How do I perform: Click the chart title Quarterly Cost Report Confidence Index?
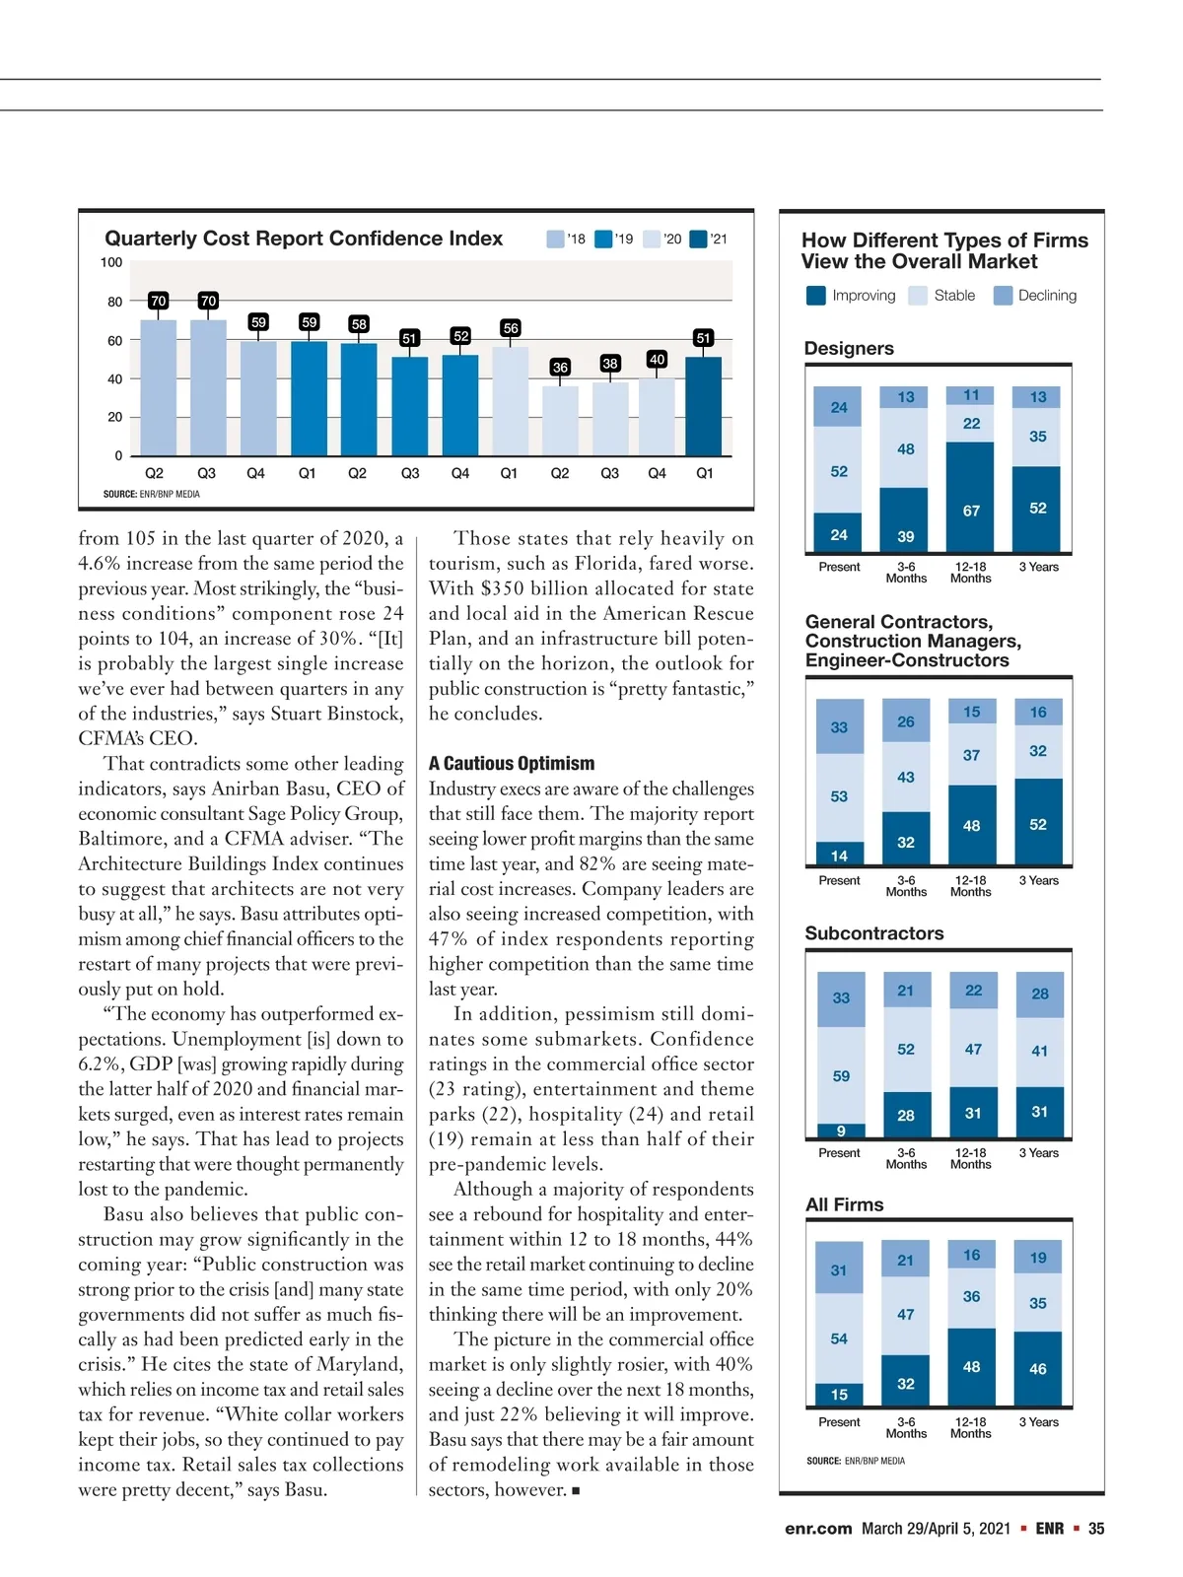coord(304,239)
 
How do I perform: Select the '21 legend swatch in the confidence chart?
coord(699,239)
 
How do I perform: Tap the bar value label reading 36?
coord(560,367)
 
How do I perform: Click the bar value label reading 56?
coord(511,327)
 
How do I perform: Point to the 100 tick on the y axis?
coord(111,262)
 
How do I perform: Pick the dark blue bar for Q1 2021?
coord(704,406)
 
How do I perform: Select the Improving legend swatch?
coord(816,296)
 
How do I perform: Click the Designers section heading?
coord(849,349)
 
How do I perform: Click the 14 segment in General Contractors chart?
coord(839,856)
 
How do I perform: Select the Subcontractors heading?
coord(874,933)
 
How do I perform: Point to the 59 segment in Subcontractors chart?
coord(841,1075)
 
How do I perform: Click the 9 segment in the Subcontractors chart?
coord(841,1131)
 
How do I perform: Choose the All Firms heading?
coord(845,1204)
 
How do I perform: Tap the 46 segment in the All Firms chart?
coord(1038,1368)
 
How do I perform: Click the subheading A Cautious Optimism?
coord(512,763)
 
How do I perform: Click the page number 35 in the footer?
coord(1096,1529)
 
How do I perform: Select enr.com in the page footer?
coord(818,1529)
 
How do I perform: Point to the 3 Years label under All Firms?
coord(1038,1422)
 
